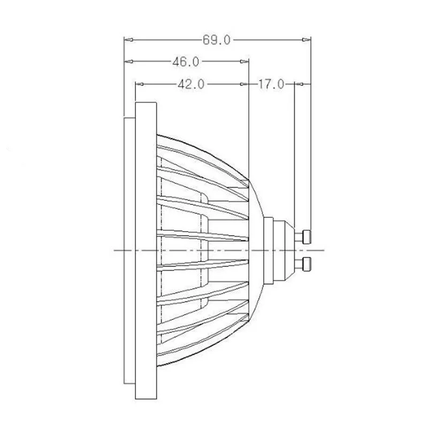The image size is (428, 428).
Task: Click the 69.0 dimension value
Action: pyautogui.click(x=217, y=40)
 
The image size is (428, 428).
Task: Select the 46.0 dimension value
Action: pyautogui.click(x=186, y=62)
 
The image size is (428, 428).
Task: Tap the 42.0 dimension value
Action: pyautogui.click(x=191, y=85)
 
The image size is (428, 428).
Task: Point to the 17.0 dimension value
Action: pyautogui.click(x=271, y=84)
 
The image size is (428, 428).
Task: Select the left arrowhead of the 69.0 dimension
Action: pyautogui.click(x=129, y=40)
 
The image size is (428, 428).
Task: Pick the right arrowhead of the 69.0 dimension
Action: pyautogui.click(x=306, y=40)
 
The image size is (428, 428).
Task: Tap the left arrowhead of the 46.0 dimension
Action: pyautogui.click(x=129, y=62)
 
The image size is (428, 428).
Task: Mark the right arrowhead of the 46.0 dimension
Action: pyautogui.click(x=244, y=62)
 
